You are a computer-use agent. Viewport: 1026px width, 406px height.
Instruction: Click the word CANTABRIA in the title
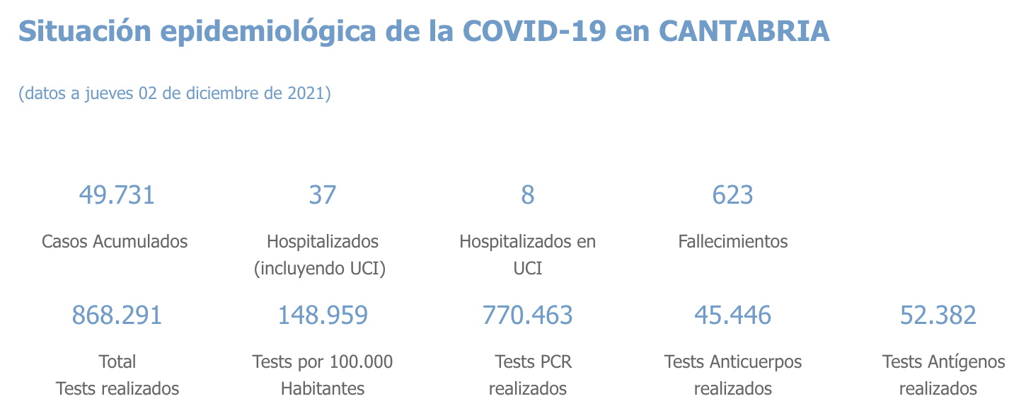[x=744, y=31]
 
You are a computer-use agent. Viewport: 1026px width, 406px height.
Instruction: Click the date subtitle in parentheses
[x=175, y=93]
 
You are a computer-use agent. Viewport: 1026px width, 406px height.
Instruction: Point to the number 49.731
[x=117, y=195]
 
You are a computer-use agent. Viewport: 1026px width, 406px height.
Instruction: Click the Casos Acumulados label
[x=115, y=241]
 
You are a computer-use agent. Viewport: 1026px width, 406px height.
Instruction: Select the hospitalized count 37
[x=323, y=195]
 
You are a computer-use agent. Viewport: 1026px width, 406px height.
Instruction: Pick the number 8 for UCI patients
[x=528, y=195]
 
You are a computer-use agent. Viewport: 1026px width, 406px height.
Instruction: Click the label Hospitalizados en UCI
[x=528, y=242]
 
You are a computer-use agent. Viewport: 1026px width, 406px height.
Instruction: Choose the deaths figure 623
[x=733, y=195]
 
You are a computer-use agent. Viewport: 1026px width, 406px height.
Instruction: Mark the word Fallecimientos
[x=733, y=241]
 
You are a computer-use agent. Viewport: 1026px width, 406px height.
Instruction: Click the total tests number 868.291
[x=117, y=315]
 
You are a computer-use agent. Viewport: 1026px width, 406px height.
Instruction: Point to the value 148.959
[x=323, y=315]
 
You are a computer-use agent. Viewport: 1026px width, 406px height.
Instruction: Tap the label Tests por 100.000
[x=323, y=362]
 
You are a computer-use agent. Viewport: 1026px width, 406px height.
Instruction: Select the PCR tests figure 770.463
[x=528, y=315]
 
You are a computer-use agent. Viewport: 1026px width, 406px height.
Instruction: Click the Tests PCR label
[x=534, y=362]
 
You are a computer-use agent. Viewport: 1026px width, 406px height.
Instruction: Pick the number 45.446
[x=733, y=315]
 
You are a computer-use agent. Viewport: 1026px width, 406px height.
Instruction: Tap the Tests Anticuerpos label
[x=733, y=362]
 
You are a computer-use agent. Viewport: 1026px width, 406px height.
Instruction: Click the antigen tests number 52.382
[x=938, y=315]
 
